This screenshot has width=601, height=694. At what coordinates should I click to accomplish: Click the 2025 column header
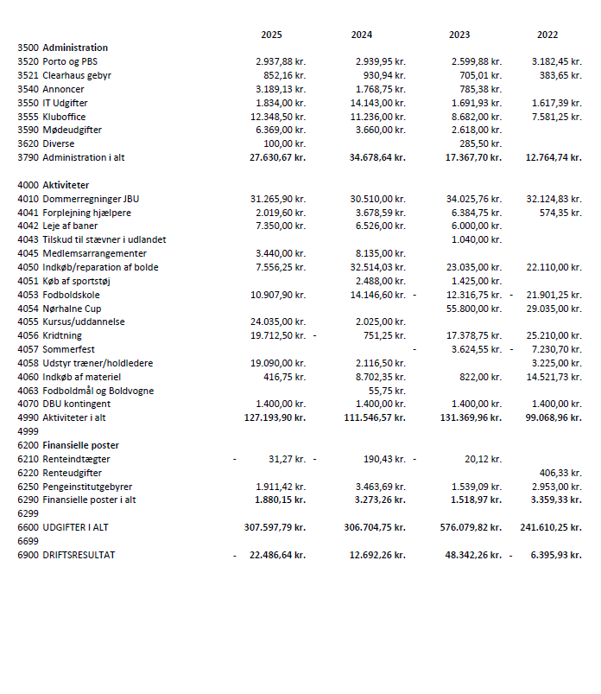pyautogui.click(x=271, y=35)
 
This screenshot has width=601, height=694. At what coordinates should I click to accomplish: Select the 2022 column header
pyautogui.click(x=547, y=35)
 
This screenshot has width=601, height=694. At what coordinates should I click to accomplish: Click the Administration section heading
pyautogui.click(x=75, y=48)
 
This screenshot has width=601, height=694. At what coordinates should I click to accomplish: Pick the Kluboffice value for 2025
pyautogui.click(x=278, y=117)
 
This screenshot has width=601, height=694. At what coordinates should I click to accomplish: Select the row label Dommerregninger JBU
pyautogui.click(x=91, y=199)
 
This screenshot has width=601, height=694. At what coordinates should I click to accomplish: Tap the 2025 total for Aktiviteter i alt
pyautogui.click(x=275, y=417)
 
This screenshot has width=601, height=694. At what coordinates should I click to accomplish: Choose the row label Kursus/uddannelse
pyautogui.click(x=84, y=322)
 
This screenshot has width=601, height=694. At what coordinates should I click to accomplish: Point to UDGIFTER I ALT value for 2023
pyautogui.click(x=471, y=527)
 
